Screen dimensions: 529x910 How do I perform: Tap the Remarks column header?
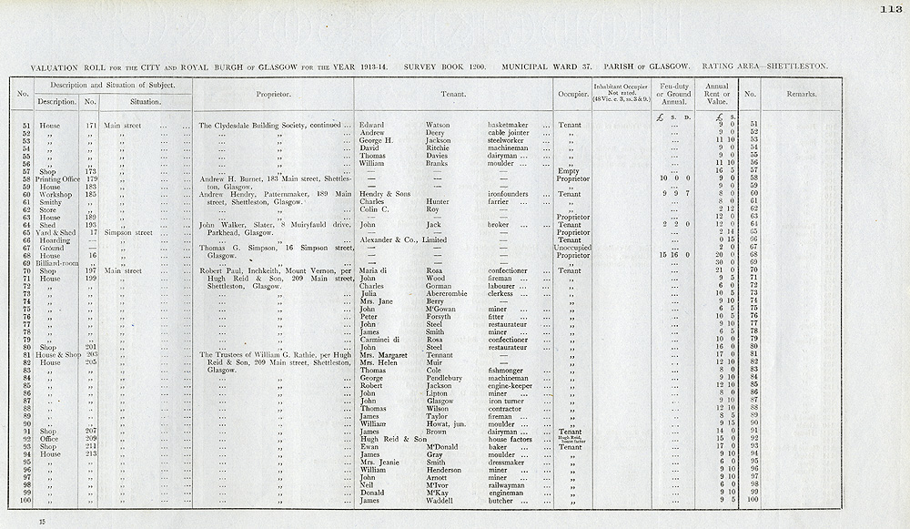[802, 94]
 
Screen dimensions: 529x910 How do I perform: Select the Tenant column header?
[453, 94]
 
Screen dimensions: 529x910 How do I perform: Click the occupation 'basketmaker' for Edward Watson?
[512, 125]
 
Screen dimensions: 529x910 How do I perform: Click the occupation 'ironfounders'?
[512, 194]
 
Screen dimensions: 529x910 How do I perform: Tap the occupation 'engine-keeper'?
[513, 385]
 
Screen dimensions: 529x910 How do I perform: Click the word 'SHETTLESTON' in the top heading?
[796, 66]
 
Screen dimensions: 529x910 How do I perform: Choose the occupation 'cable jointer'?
[511, 133]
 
